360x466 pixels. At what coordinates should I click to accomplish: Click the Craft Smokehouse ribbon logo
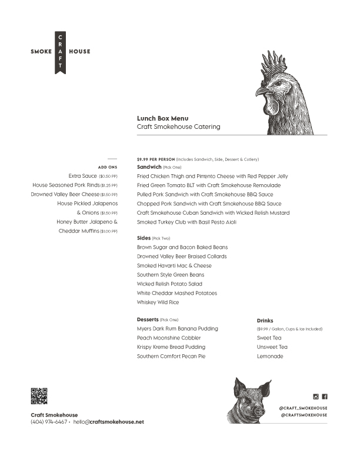[60, 52]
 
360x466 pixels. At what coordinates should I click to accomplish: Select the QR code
[39, 396]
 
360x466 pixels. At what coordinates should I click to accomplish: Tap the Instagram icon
[316, 397]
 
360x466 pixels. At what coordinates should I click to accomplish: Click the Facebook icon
[325, 397]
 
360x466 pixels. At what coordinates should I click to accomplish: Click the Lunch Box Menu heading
[162, 118]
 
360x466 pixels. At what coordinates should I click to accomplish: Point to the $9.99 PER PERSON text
[155, 159]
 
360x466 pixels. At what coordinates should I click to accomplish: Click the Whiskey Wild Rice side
[158, 302]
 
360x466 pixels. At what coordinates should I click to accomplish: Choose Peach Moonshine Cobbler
[169, 338]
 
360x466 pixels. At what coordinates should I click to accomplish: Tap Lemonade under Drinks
[270, 357]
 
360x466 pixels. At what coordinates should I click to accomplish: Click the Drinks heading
[265, 321]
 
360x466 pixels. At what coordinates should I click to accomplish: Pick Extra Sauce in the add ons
[83, 176]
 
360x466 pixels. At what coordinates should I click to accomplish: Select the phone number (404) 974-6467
[49, 422]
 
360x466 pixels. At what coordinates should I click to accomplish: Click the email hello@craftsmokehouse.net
[108, 422]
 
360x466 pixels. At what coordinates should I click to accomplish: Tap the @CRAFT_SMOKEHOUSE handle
[304, 408]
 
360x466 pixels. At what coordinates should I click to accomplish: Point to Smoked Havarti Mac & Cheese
[174, 266]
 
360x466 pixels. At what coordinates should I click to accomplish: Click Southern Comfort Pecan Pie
[171, 357]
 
